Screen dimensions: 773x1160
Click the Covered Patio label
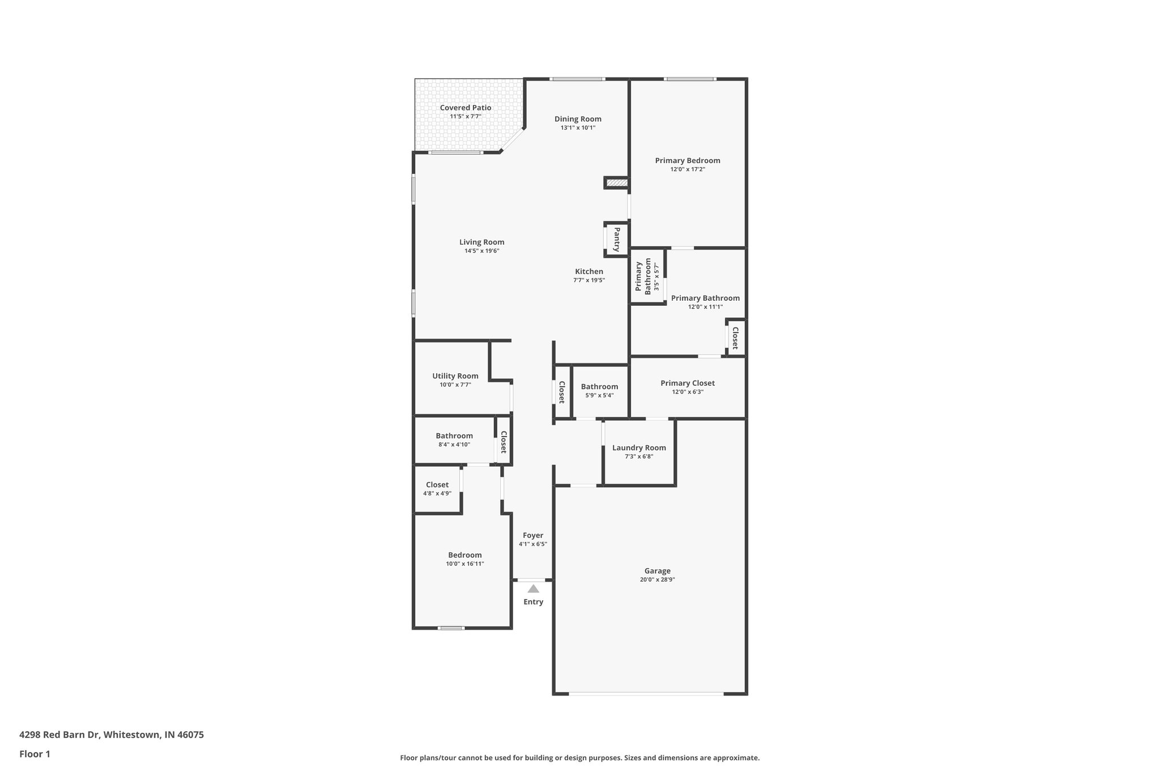click(465, 108)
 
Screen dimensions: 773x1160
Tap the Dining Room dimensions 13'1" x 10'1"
click(578, 128)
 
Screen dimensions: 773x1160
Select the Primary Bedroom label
click(687, 160)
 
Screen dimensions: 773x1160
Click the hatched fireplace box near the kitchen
click(616, 183)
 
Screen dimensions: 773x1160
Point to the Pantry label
click(617, 240)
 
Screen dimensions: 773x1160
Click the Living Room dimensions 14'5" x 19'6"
click(481, 251)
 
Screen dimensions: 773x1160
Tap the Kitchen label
click(589, 271)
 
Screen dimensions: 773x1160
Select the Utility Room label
click(455, 376)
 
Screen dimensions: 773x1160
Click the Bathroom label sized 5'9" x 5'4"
click(599, 387)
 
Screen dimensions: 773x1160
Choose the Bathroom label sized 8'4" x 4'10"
click(454, 435)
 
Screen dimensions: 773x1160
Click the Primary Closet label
click(687, 383)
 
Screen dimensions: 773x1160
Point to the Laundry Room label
click(639, 448)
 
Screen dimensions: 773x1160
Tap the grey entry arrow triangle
click(533, 589)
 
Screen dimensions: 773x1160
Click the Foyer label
click(532, 535)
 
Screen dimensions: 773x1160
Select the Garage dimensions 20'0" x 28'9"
click(657, 580)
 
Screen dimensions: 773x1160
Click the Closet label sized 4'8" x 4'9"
click(437, 485)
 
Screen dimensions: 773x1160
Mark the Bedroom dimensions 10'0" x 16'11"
click(464, 564)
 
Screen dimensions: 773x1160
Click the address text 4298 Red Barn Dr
click(59, 735)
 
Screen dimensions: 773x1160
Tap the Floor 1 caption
click(35, 754)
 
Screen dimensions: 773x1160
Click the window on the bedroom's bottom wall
click(451, 627)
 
